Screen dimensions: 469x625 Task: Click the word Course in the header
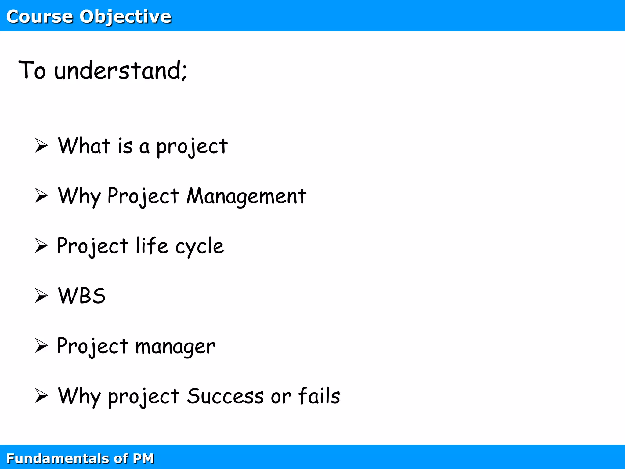click(39, 16)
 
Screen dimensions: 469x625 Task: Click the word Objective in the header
click(125, 16)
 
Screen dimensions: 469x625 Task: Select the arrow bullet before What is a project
click(41, 145)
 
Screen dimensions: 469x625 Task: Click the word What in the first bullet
click(84, 146)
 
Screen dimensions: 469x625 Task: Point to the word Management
click(246, 196)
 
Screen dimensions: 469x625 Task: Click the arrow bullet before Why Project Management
click(41, 195)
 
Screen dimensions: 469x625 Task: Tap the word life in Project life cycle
click(152, 246)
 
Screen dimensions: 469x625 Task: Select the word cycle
click(199, 247)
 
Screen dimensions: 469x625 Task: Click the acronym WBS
click(82, 296)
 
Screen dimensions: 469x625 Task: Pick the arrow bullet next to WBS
click(41, 296)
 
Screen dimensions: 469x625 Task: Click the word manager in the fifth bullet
click(175, 347)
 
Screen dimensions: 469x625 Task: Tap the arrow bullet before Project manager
click(41, 346)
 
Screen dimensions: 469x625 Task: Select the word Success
click(225, 396)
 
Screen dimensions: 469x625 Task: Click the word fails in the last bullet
click(319, 396)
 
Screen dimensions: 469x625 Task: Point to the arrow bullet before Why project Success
click(41, 396)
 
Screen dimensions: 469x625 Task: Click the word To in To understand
click(32, 71)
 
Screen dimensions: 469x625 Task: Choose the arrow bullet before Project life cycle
click(41, 245)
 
